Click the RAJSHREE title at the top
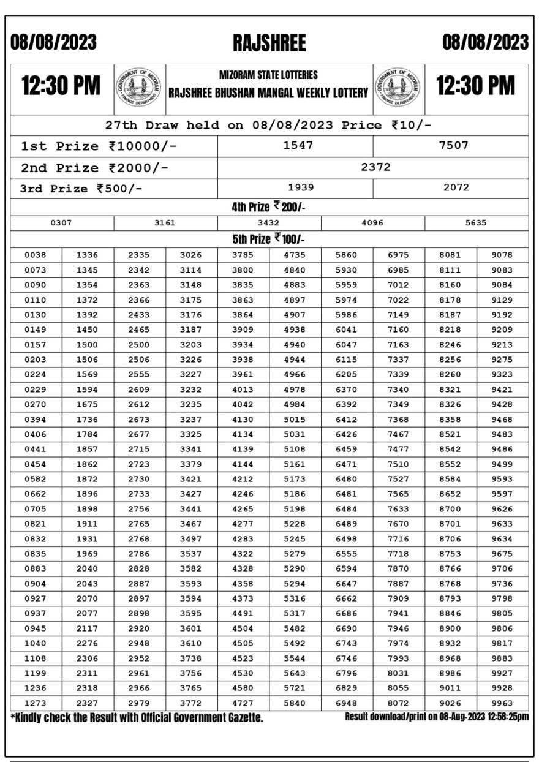coord(269,43)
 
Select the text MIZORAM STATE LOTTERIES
coord(269,75)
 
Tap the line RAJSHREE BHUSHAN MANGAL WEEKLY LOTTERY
coord(269,94)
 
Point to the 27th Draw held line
coord(269,125)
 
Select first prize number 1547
coord(295,145)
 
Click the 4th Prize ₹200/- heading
coord(268,208)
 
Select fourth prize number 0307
coord(61,223)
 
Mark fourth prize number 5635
coord(476,223)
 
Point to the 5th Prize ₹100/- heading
coord(268,239)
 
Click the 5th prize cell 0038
coord(36,255)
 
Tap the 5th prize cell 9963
coord(502,703)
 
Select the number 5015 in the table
coord(295,419)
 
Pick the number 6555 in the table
coord(347,554)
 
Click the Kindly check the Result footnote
coord(137,717)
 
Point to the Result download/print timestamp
coord(437,717)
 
